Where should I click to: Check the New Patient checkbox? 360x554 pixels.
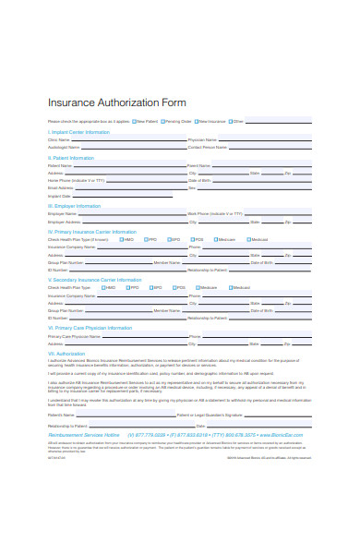click(x=135, y=121)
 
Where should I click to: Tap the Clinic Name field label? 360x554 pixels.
click(x=58, y=139)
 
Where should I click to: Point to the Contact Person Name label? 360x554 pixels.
click(x=207, y=147)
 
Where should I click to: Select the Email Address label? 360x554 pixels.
click(x=60, y=187)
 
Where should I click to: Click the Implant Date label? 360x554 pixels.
click(x=58, y=196)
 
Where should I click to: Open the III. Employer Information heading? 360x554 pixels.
click(x=75, y=206)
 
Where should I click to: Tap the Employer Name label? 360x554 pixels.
click(x=62, y=213)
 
